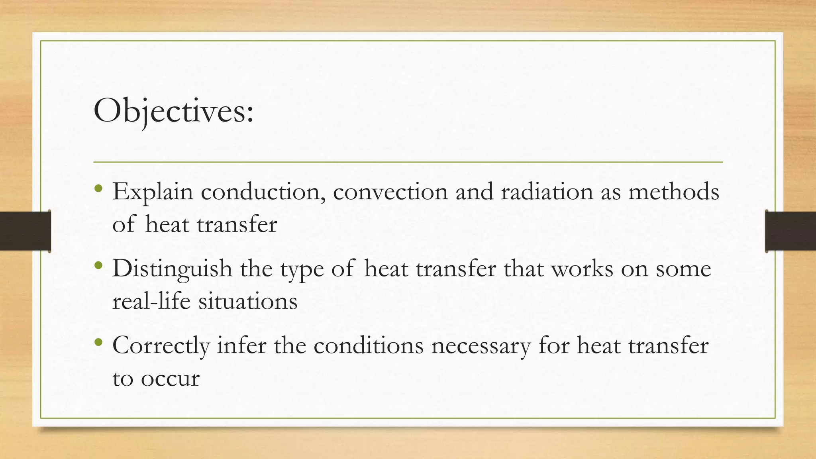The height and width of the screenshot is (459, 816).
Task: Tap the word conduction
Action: tap(263, 192)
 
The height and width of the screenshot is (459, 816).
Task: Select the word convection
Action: tap(390, 192)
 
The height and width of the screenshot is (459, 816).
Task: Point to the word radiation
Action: tap(547, 192)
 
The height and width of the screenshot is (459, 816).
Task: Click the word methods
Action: tap(674, 192)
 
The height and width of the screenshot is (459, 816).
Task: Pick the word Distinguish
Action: tap(172, 269)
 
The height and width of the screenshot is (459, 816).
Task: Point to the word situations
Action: tap(248, 301)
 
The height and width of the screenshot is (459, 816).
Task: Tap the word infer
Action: tap(241, 345)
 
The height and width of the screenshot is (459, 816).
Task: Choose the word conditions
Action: tap(368, 345)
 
